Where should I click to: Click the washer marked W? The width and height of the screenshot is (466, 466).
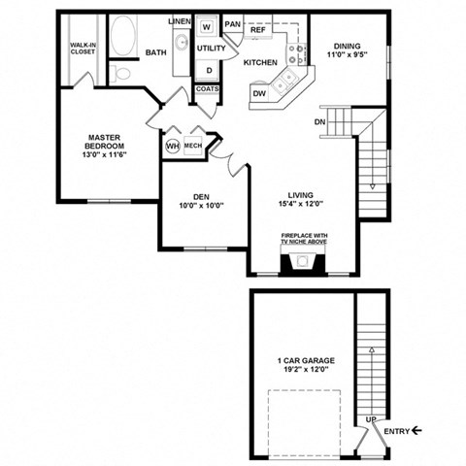(207, 27)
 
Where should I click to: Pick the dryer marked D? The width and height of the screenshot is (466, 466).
(207, 69)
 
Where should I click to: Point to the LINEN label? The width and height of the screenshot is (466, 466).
(179, 20)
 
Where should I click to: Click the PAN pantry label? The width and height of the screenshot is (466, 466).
(233, 24)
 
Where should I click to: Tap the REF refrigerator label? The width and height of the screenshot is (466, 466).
(258, 31)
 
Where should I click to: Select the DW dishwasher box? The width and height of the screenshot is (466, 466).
(259, 93)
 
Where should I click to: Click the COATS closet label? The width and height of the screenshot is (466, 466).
(207, 89)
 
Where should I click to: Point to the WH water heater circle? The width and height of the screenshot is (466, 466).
(173, 146)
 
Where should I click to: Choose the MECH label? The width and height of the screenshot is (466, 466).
(193, 146)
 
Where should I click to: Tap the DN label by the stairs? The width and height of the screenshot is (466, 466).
(320, 122)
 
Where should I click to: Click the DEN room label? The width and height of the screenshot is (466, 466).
(201, 197)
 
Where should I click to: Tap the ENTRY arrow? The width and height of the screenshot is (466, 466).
(416, 430)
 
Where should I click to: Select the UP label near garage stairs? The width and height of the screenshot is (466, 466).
(370, 419)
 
